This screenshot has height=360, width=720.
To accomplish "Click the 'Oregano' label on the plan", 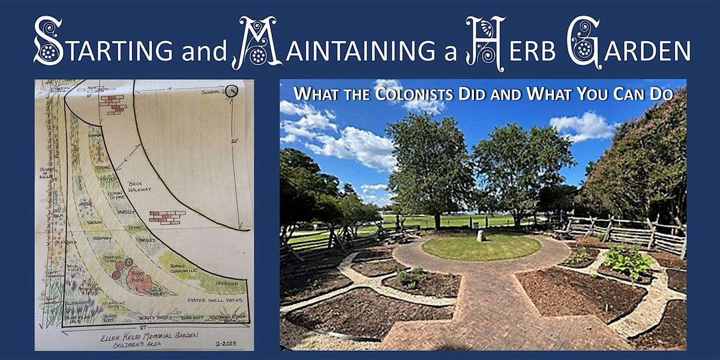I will (227, 282).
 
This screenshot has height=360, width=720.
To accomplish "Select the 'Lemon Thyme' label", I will (115, 197).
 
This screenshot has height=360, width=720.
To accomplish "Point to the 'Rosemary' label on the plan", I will (102, 238).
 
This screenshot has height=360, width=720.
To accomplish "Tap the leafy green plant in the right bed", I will (628, 260).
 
